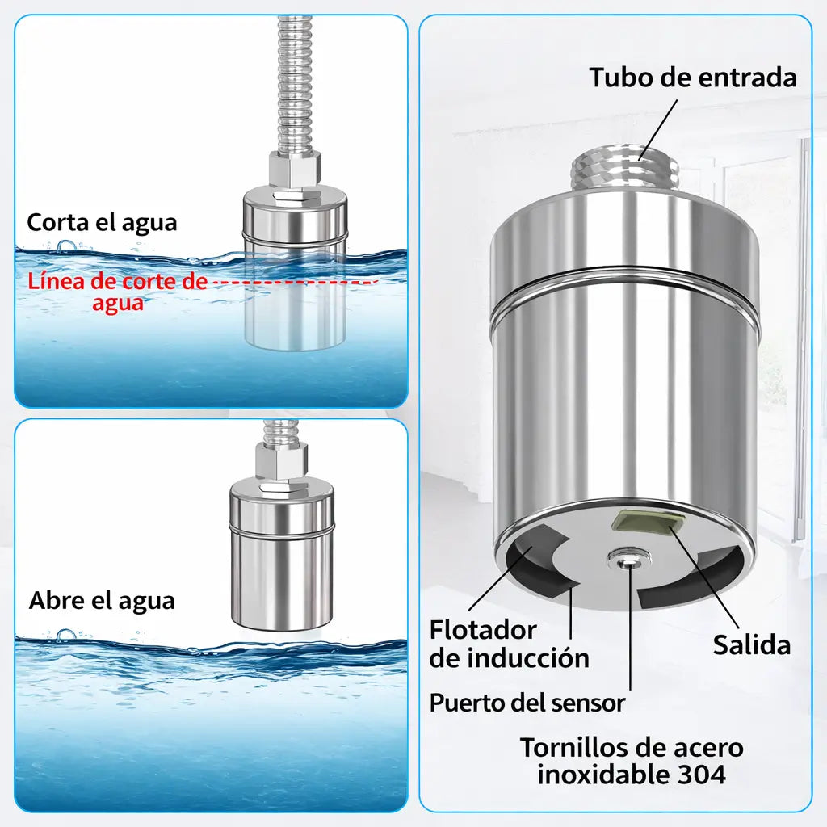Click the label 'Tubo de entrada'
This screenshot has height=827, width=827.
(x=692, y=78)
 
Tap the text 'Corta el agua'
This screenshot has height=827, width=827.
(x=102, y=222)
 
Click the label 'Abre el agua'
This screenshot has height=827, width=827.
(x=102, y=601)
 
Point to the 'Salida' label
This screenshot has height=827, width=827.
(x=751, y=644)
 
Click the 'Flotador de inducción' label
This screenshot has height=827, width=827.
(x=509, y=643)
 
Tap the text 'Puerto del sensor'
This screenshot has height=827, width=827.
(x=527, y=703)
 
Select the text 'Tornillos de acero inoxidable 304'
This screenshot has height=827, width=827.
(x=631, y=761)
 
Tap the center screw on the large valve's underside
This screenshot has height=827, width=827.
(x=623, y=558)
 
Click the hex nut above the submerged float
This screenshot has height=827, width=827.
(x=295, y=170)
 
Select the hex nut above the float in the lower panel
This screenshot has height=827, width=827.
(x=283, y=461)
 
